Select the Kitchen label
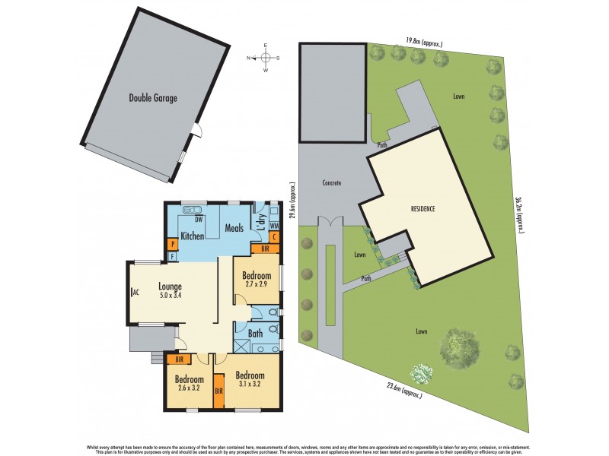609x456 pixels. click(192, 236)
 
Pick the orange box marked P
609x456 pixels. click(173, 244)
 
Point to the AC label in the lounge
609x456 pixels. click(135, 292)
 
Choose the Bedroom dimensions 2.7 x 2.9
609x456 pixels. click(257, 284)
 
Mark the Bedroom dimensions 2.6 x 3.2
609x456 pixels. click(188, 388)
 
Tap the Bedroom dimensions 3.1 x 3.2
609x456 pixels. click(249, 384)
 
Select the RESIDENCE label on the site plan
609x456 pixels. click(422, 208)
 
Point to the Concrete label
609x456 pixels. click(331, 183)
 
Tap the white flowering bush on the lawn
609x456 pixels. click(420, 373)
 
